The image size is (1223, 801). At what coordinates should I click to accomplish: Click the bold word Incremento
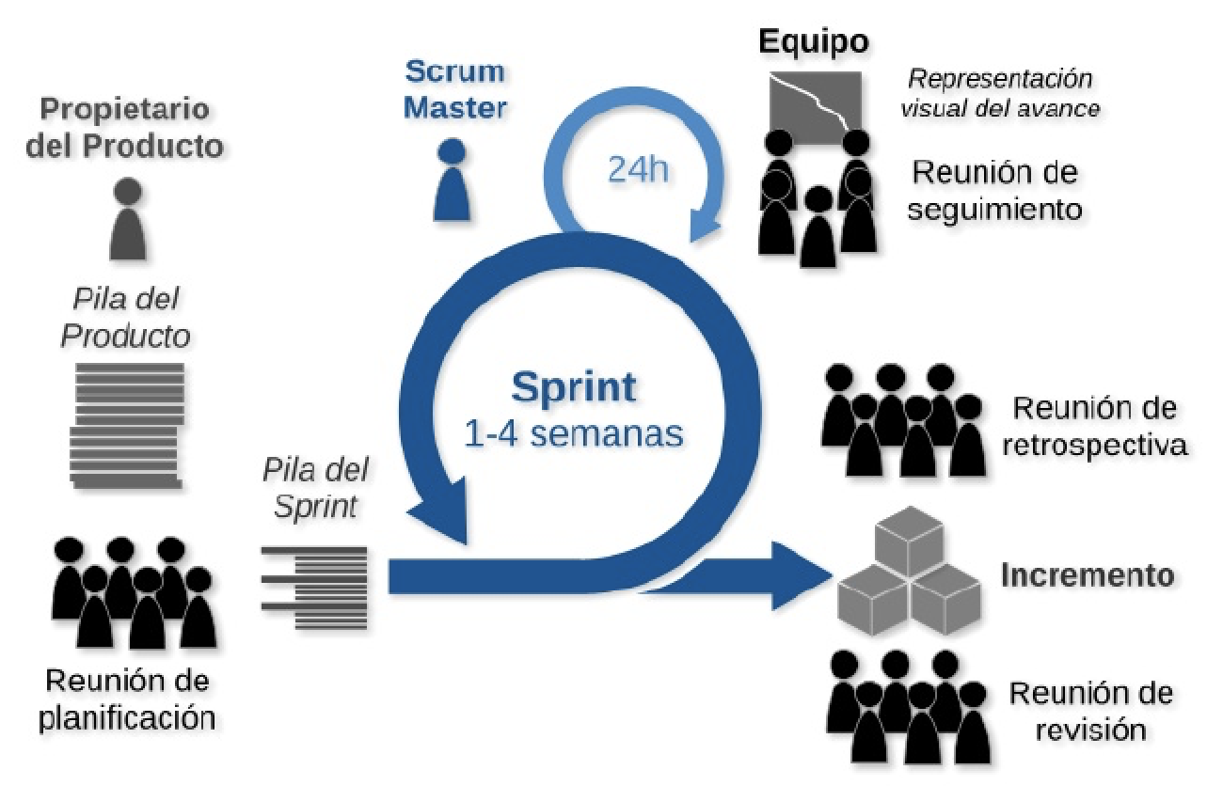[x=1087, y=575]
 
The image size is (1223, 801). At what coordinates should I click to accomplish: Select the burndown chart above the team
[x=815, y=101]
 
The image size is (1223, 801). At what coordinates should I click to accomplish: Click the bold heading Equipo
[x=815, y=42]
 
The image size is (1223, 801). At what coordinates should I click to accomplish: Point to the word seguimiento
[x=996, y=208]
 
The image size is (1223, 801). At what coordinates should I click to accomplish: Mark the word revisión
[x=1090, y=730]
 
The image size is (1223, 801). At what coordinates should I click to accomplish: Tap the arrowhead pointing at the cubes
[x=795, y=574]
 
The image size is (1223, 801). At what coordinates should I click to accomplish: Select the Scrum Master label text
[x=456, y=89]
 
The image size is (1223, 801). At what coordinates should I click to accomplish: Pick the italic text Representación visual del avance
[x=1000, y=93]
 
